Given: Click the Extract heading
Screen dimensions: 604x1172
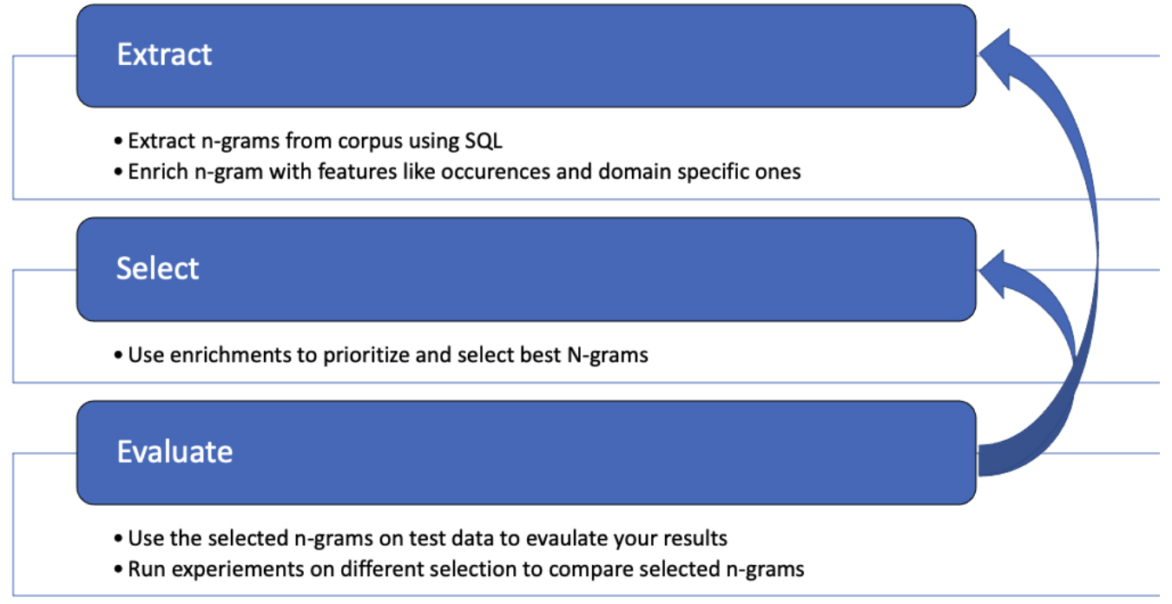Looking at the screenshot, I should (164, 55).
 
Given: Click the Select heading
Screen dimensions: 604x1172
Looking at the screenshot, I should (157, 268).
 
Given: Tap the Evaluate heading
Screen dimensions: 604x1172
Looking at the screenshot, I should (174, 451).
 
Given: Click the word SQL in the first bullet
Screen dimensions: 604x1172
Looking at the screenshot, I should (484, 141).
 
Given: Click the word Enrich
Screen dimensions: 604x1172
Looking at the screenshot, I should (153, 172).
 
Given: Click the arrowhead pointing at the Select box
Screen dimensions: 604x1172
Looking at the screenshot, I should (998, 268).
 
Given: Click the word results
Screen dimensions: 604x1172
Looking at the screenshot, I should (694, 538).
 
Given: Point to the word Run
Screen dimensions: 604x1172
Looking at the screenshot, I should (144, 569).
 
